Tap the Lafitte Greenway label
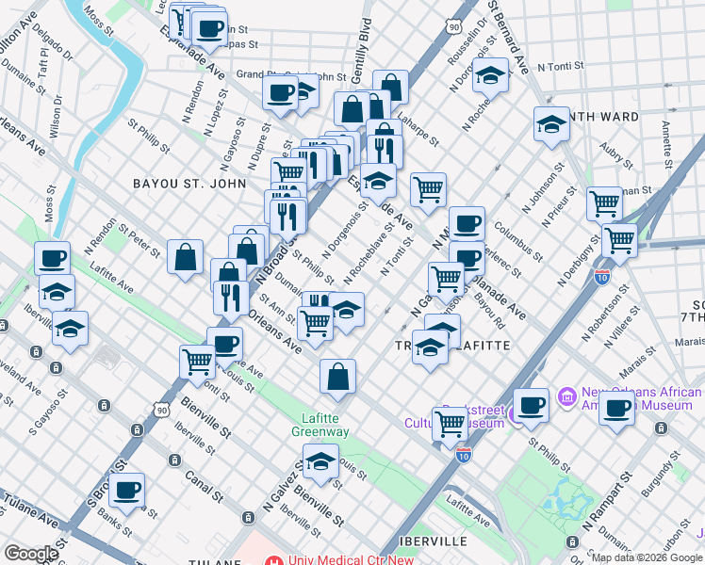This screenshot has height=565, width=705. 325,424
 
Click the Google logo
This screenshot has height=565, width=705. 31,554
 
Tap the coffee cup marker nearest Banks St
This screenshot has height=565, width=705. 126,490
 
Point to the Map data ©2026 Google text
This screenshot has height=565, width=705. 647,557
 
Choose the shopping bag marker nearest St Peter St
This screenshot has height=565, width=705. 186,257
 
